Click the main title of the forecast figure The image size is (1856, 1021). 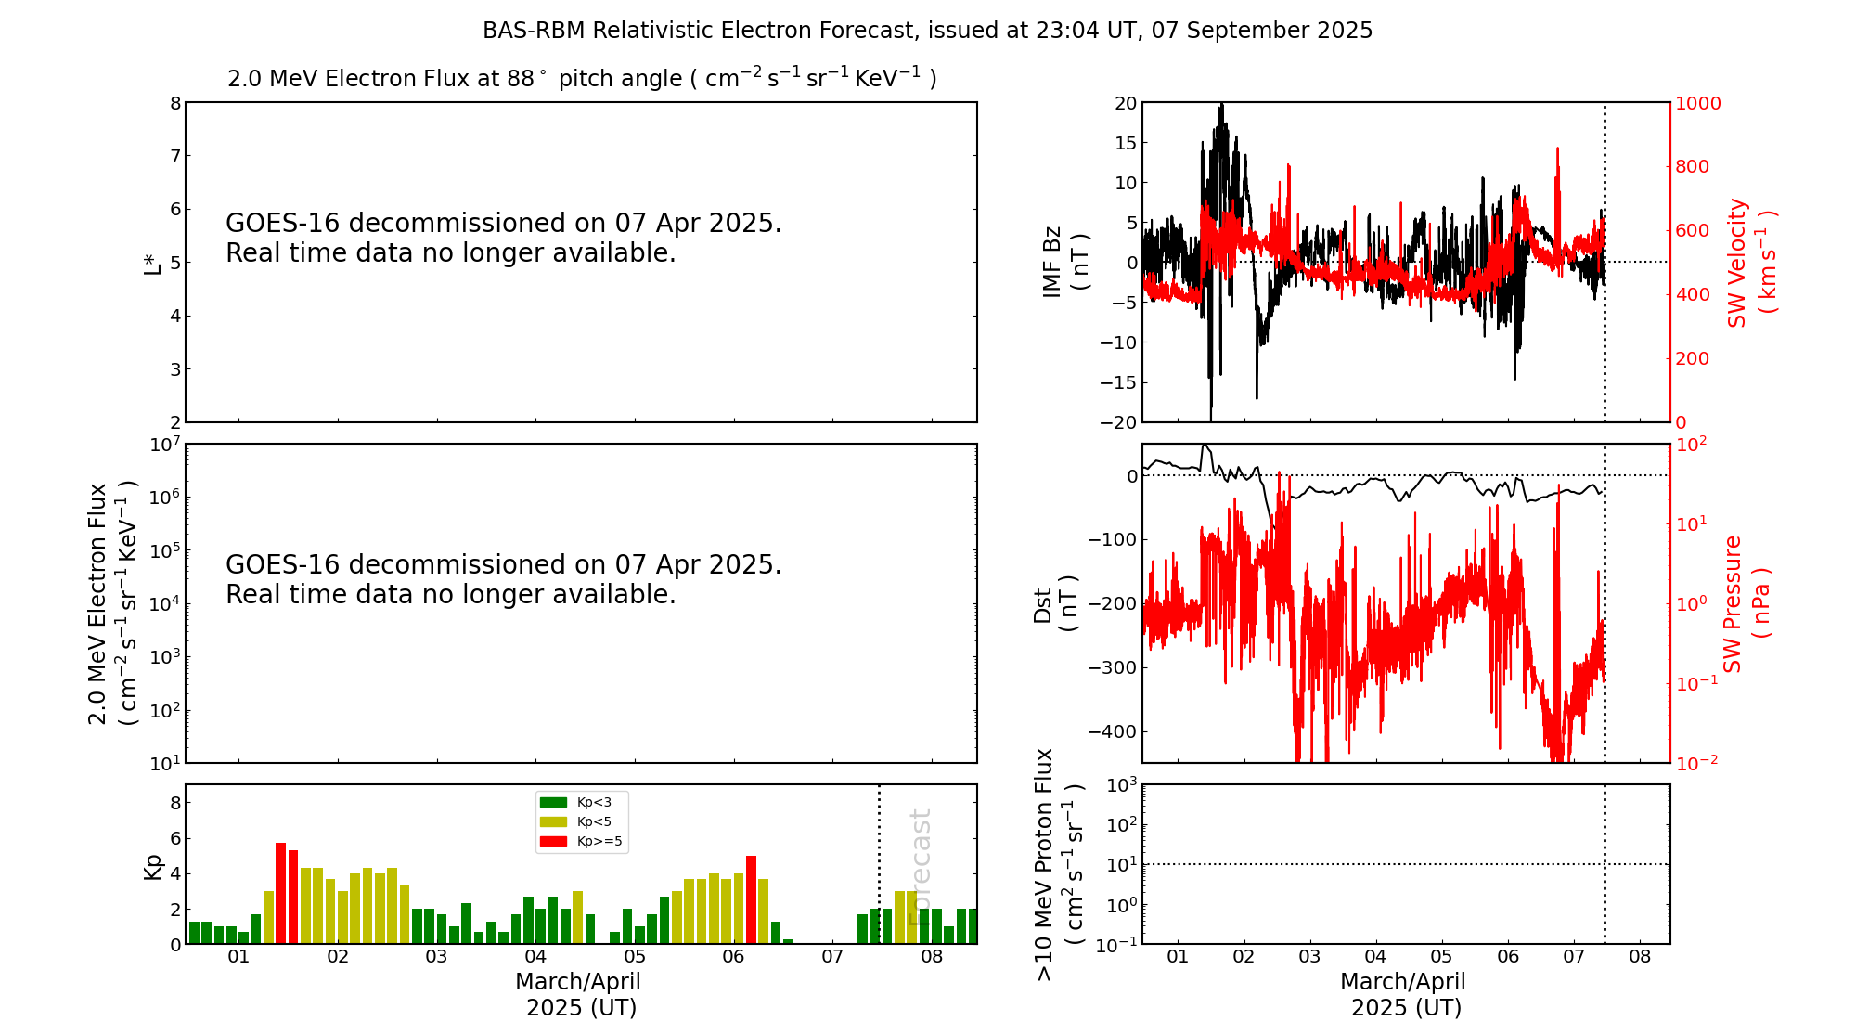[x=927, y=31]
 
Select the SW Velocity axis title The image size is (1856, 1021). [x=1750, y=262]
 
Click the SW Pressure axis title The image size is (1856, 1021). [x=1746, y=603]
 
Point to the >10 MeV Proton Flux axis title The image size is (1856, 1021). [x=1059, y=864]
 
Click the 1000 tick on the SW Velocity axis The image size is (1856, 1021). [x=1697, y=103]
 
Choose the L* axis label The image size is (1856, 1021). [x=152, y=262]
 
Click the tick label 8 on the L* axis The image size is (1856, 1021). [x=175, y=103]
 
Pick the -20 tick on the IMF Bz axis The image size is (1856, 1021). [x=1118, y=422]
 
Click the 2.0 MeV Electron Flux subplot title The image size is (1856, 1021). [x=581, y=79]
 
